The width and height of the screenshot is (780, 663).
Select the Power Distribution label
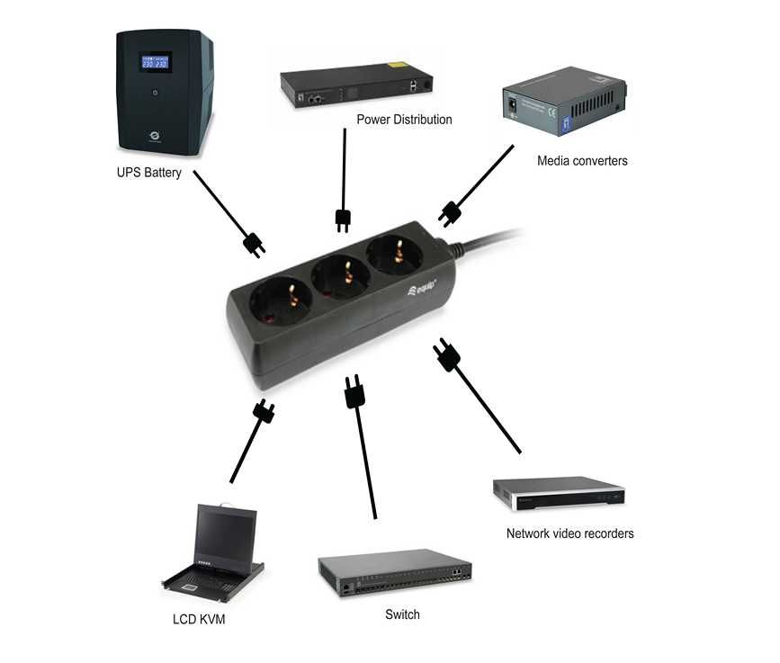pos(404,120)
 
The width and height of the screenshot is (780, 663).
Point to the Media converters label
pos(582,161)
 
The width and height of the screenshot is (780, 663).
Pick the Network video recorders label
pos(569,533)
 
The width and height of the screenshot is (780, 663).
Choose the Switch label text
pos(402,614)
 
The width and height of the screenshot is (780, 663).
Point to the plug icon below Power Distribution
pos(343,219)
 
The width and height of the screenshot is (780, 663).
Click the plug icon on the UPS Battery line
pos(255,244)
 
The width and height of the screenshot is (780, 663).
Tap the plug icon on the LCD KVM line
pos(264,413)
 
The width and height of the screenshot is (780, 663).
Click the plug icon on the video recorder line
pos(446,355)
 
